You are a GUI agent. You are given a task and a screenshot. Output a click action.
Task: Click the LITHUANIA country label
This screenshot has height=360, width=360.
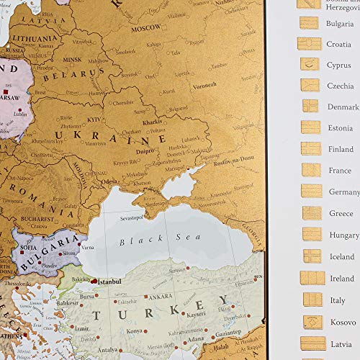click(32, 37)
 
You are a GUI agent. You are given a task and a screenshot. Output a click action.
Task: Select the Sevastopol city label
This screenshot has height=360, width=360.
click(134, 215)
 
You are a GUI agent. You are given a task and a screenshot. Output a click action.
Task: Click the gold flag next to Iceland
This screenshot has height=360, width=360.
click(312, 256)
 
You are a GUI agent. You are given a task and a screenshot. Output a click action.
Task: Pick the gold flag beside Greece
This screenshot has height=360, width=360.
click(312, 213)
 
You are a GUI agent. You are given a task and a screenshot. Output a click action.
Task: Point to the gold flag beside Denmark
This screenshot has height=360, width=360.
click(310, 106)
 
